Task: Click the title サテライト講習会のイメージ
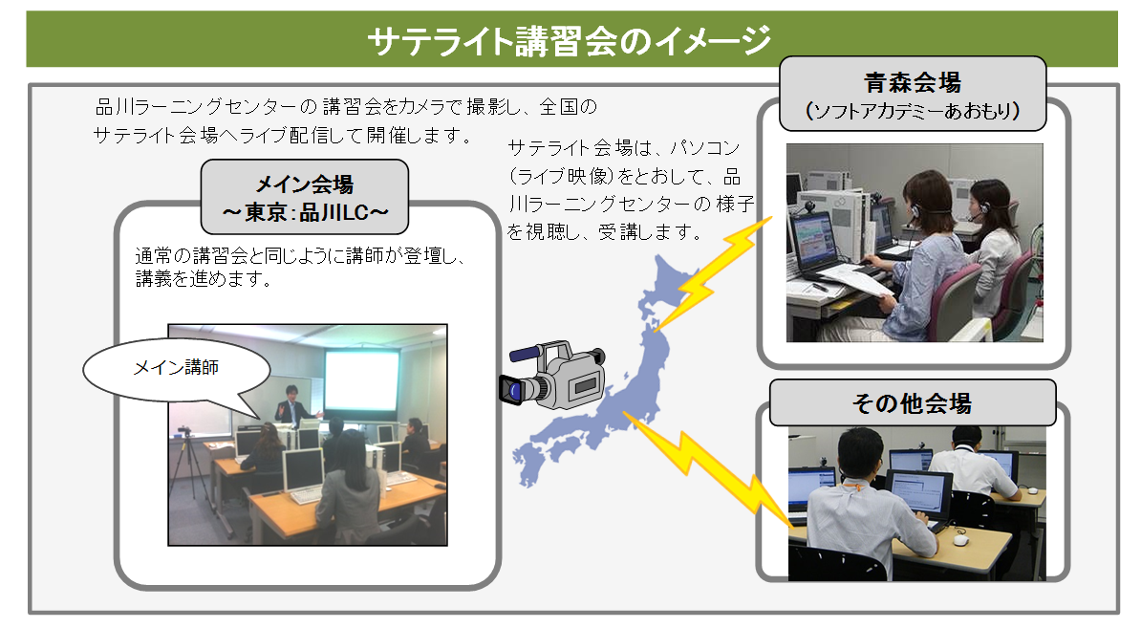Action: pos(569,40)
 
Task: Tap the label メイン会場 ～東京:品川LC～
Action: pos(305,197)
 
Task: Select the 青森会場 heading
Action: pos(913,82)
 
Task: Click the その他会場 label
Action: pos(912,402)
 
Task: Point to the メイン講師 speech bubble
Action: pos(177,370)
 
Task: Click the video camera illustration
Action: pos(552,375)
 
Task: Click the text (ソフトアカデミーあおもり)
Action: pos(913,111)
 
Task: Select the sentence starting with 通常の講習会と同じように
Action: pos(300,267)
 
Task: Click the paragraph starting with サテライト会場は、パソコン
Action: pos(630,190)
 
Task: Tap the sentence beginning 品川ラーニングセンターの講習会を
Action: pos(346,120)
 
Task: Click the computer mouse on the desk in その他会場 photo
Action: pos(960,540)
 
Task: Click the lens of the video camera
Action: pos(512,390)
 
